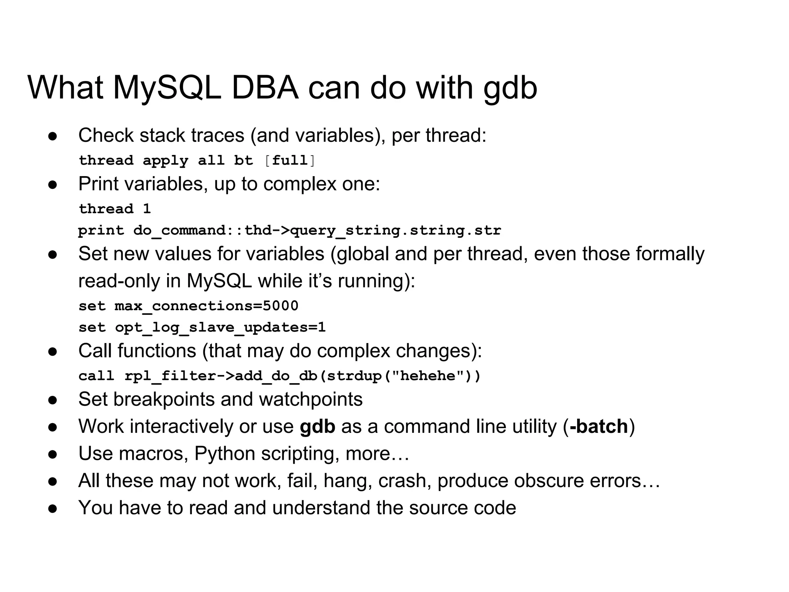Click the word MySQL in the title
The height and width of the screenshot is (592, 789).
click(167, 88)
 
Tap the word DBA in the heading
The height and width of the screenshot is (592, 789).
click(265, 88)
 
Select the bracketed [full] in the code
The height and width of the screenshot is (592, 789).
click(290, 160)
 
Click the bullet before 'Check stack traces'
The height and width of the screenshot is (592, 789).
click(53, 136)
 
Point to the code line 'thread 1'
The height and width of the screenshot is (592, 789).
click(114, 209)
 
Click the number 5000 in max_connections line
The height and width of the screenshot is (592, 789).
click(280, 306)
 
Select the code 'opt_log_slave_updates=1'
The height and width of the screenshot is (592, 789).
click(220, 328)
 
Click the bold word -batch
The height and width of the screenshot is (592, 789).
click(599, 426)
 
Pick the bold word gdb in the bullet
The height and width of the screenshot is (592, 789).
click(317, 426)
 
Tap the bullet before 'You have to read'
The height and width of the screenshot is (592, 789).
click(53, 508)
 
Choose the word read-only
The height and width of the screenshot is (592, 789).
click(119, 281)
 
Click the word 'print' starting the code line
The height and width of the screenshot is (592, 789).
click(101, 230)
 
